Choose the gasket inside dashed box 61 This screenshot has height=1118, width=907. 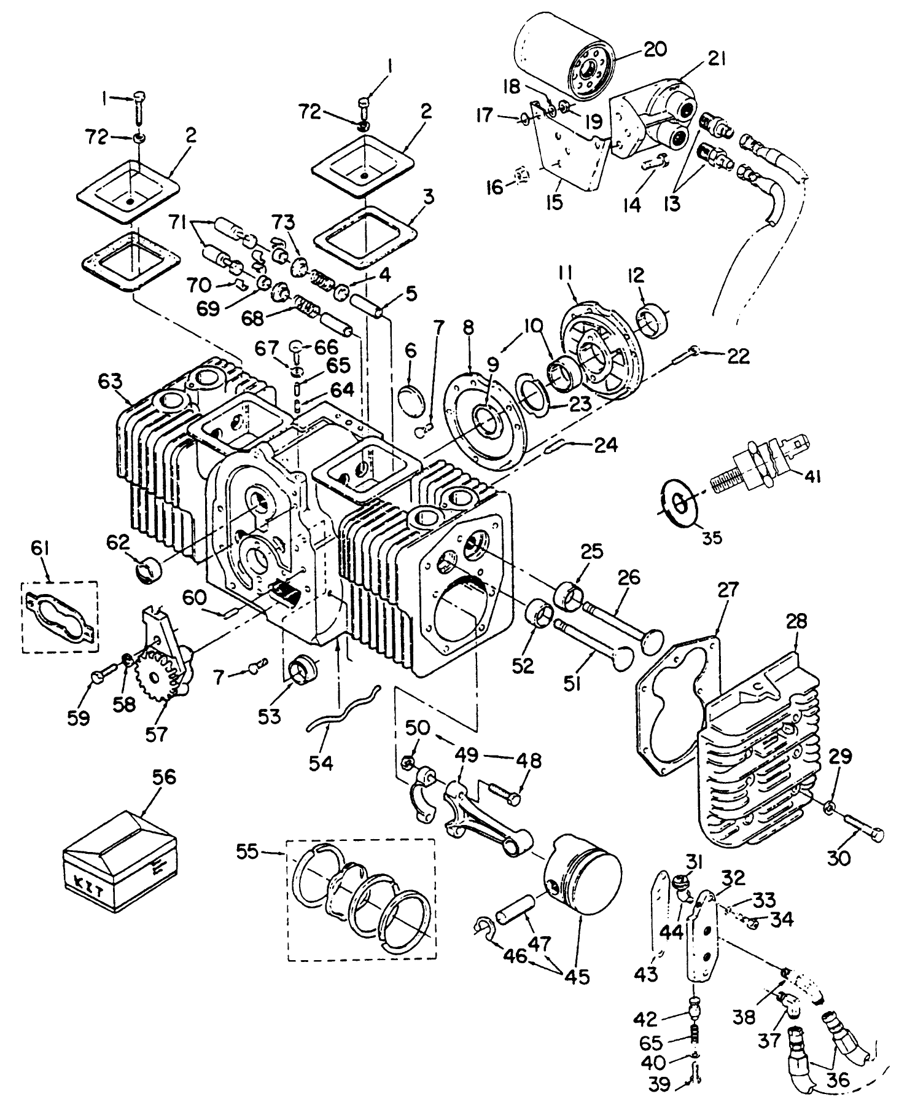click(x=60, y=616)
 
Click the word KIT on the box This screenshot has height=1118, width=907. click(x=87, y=881)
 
